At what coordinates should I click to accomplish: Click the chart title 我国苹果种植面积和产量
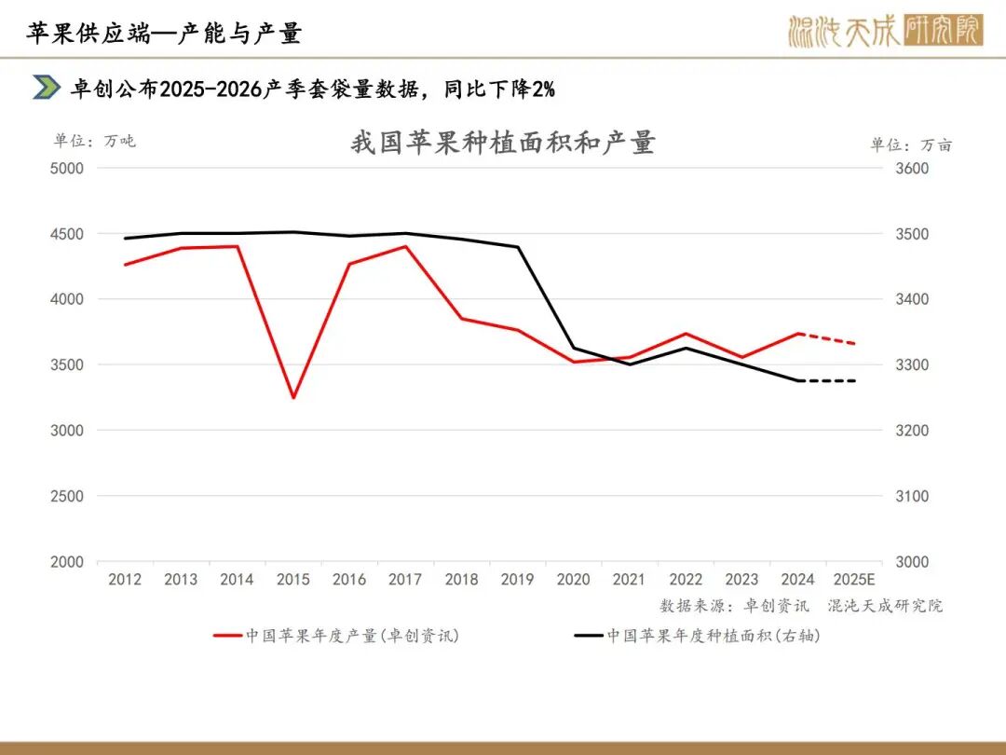[x=503, y=143]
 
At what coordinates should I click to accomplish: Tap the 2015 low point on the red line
[x=293, y=398]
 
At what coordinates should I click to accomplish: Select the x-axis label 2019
[x=517, y=580]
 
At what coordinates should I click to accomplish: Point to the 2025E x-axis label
[x=854, y=580]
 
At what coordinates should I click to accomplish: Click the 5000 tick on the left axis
[x=66, y=169]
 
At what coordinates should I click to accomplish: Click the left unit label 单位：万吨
[x=94, y=141]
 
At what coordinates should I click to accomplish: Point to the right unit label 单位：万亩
[x=911, y=144]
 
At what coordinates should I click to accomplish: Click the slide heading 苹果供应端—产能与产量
[x=164, y=34]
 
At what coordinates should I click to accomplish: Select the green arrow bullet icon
[x=47, y=88]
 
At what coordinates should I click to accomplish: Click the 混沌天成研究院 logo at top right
[x=884, y=32]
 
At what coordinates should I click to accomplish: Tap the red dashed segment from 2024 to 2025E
[x=826, y=338]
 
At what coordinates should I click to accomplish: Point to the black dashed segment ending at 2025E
[x=826, y=380]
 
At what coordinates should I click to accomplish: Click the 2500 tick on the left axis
[x=66, y=496]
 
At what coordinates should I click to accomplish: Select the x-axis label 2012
[x=125, y=580]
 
